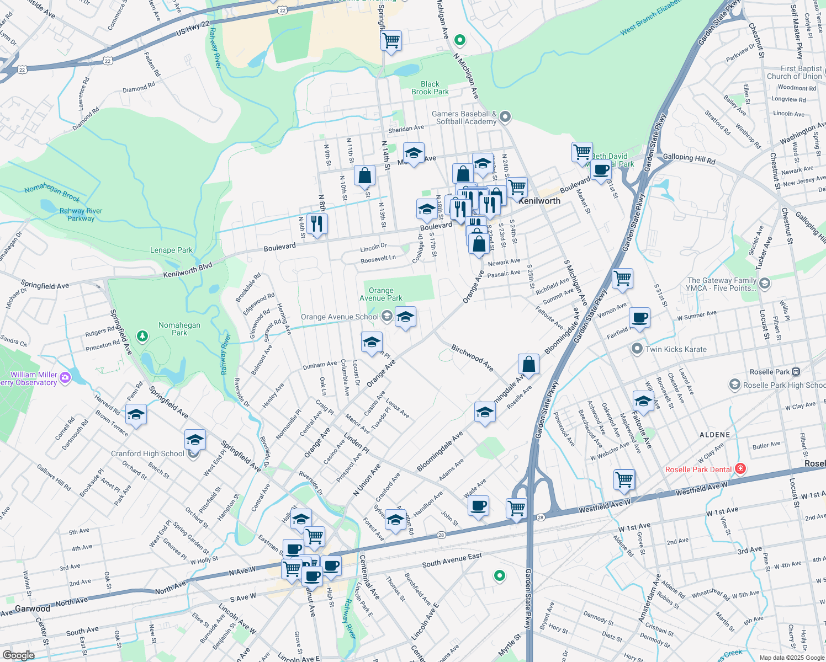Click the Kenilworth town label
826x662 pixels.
(539, 201)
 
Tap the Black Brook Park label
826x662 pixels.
(430, 88)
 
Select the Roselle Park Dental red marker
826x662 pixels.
(741, 469)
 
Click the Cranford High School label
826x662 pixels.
(147, 453)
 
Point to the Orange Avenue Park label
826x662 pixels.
(381, 294)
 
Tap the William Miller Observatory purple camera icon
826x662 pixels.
(65, 377)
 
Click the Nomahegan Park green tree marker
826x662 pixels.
(142, 335)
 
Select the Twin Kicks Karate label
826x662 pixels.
(676, 349)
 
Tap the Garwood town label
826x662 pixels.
(33, 608)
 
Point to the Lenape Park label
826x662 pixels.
(171, 250)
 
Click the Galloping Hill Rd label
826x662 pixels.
(689, 158)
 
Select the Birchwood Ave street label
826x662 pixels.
(472, 357)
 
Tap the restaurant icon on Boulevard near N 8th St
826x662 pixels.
(316, 224)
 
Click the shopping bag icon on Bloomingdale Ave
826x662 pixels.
(528, 364)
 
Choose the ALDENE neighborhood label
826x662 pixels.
(714, 435)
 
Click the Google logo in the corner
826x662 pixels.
(18, 655)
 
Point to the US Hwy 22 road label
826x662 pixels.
(193, 28)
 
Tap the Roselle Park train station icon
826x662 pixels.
(796, 372)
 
